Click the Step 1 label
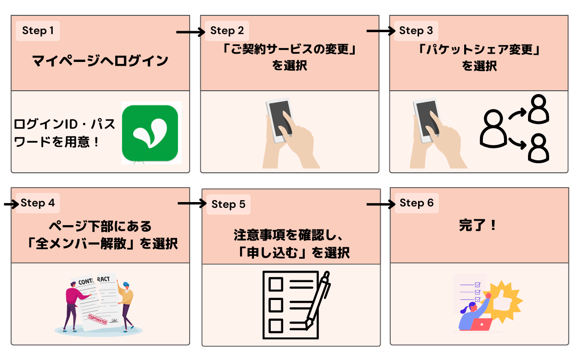(38, 31)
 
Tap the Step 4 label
(38, 203)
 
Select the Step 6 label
(416, 203)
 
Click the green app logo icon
(150, 132)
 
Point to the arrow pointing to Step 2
(191, 32)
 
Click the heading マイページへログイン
(100, 61)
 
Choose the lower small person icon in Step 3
(538, 148)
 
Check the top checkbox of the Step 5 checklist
(276, 284)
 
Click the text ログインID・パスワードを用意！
(65, 133)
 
